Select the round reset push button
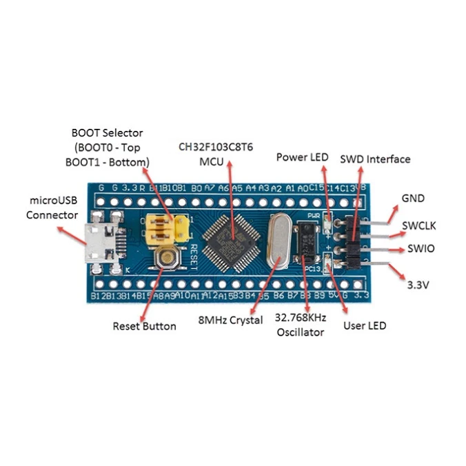pos(167,259)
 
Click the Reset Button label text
pos(144,325)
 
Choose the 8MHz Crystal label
pos(230,321)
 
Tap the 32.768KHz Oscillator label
pos(301,325)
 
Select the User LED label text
pos(365,325)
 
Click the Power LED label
pos(302,157)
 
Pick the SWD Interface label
pos(375,159)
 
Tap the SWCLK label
pos(419,225)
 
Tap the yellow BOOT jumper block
pos(166,228)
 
